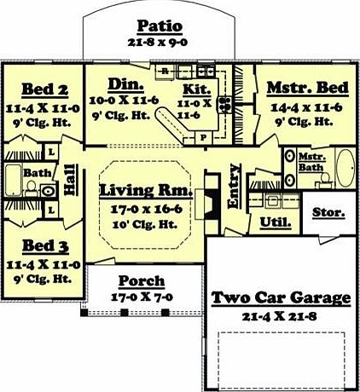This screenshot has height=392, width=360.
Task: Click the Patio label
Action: [160, 26]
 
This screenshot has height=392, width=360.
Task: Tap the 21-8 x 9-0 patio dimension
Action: [158, 43]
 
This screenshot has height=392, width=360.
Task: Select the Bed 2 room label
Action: [45, 89]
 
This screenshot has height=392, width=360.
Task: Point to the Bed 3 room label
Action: [45, 245]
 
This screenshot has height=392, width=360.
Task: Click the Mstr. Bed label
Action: [308, 88]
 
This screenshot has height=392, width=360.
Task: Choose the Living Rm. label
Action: [146, 190]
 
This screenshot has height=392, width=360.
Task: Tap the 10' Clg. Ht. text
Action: [145, 225]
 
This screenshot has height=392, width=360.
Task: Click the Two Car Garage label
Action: [281, 298]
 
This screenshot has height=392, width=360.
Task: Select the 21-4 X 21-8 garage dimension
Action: [279, 316]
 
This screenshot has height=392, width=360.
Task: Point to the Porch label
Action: [142, 281]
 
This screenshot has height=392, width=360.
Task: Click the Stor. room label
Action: [328, 212]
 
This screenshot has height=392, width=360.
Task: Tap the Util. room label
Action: [276, 222]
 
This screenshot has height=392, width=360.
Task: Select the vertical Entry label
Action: [234, 187]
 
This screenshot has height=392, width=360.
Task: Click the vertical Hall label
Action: [70, 180]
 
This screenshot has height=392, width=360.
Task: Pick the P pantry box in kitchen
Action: [203, 138]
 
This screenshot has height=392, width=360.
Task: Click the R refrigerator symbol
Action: [165, 72]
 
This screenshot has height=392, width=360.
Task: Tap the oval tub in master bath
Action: [345, 168]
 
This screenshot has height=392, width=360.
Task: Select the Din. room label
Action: [125, 84]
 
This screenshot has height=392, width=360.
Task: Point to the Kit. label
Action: [197, 89]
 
